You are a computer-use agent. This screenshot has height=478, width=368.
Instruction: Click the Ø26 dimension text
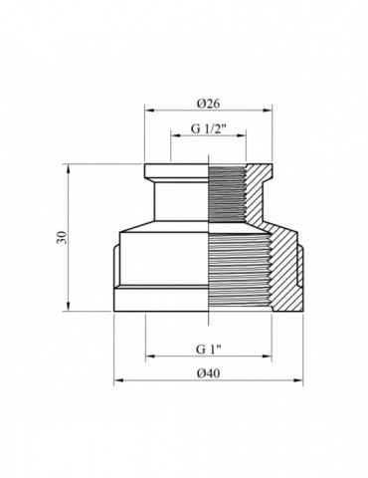point(208,103)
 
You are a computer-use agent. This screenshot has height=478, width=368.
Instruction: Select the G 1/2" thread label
point(208,129)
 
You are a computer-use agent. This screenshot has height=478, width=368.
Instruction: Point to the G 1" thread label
point(208,350)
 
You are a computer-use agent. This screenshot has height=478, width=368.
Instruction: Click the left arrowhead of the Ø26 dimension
point(148,112)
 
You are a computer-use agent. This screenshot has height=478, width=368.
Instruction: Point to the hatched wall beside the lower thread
point(285,269)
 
